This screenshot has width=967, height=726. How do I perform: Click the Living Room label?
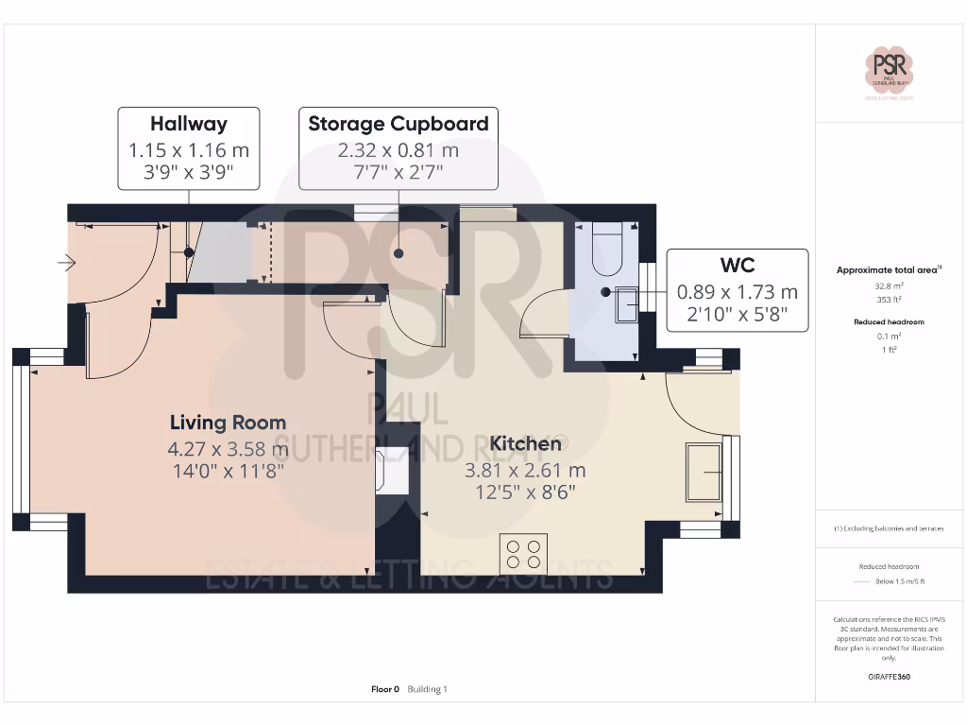point(228,423)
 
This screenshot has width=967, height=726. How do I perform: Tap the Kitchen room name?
point(525,443)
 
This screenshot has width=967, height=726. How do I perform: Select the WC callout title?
point(737,267)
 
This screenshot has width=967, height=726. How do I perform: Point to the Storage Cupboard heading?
point(399,124)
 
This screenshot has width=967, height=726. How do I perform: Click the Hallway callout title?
point(189,124)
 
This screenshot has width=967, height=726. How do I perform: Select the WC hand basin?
point(627,304)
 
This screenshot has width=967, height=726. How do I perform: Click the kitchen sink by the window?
point(704,470)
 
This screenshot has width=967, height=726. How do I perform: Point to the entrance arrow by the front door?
point(66,263)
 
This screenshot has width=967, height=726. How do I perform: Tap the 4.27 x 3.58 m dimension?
point(228,449)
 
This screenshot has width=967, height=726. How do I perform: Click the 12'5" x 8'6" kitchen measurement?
point(525,492)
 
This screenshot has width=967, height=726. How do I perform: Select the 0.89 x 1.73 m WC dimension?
point(737,292)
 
